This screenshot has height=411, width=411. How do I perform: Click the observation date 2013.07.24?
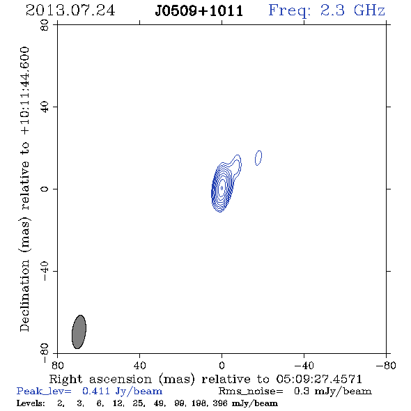coord(70,10)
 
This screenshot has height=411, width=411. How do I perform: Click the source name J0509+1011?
coord(199,11)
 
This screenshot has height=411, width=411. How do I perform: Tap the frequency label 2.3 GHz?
coord(352,10)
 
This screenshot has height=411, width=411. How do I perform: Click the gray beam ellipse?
coord(79,332)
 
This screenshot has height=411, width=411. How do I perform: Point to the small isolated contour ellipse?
coord(258,158)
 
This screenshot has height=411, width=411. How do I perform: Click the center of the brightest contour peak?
coord(222,187)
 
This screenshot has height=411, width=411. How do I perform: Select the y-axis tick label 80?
coord(45,25)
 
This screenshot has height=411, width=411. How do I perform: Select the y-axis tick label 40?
coord(45,107)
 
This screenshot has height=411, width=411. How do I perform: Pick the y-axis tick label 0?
coord(45,189)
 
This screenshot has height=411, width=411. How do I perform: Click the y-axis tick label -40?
coord(45,271)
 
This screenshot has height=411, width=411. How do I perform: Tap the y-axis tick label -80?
coord(45,353)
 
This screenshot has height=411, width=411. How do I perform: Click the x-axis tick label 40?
coord(139,366)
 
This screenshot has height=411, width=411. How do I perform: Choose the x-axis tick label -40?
coord(304,366)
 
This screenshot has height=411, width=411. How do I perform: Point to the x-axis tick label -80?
coord(386,366)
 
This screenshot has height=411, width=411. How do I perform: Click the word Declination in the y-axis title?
coord(24,295)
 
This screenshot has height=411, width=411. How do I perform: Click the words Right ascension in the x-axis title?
coord(100,379)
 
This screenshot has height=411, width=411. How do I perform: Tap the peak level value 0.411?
coord(96,391)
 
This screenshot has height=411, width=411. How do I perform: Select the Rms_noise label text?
coord(251,391)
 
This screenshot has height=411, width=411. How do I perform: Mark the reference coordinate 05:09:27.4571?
coord(319,379)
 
